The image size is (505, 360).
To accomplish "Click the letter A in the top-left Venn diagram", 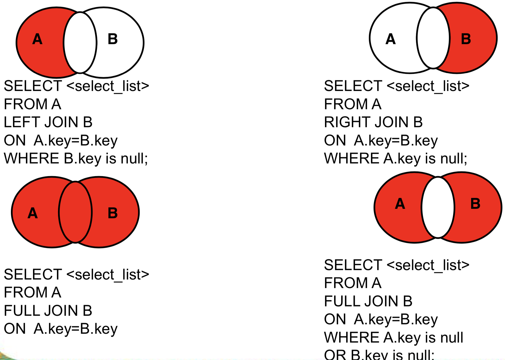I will (37, 39).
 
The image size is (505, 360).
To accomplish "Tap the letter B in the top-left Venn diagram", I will (113, 39).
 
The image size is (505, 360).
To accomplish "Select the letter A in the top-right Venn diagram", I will (390, 39).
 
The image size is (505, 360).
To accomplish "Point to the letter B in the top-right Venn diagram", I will (466, 39).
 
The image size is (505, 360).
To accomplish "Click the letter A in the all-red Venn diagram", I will (33, 213).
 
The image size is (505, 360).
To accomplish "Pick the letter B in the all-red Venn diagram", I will (113, 213).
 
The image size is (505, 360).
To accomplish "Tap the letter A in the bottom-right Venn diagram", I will (400, 204).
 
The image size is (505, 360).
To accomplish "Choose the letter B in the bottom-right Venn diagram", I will (475, 204).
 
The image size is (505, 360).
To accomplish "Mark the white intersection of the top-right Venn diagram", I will (433, 38).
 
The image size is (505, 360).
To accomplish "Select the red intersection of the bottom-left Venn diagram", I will (75, 212).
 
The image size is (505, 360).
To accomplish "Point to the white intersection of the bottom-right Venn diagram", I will (438, 207).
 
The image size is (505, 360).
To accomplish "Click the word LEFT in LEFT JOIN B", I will (22, 122).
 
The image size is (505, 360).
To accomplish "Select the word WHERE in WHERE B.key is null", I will (32, 158).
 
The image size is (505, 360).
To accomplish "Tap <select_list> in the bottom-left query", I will (108, 275).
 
